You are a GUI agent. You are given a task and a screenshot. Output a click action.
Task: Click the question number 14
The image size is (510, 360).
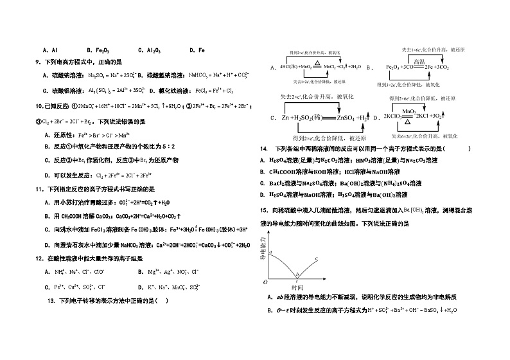click(x=263, y=148)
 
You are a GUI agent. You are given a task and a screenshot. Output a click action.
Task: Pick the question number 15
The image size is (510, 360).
click(x=263, y=210)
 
